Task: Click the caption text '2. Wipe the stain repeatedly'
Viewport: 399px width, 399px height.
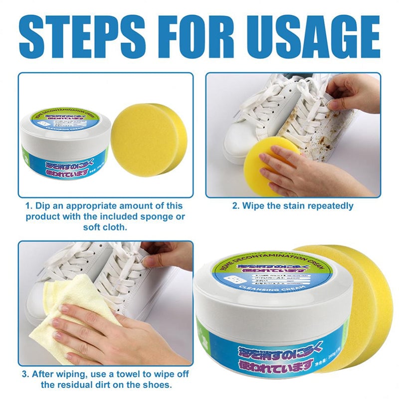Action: pyautogui.click(x=293, y=205)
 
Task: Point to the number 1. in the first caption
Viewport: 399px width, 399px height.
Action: pyautogui.click(x=30, y=205)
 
